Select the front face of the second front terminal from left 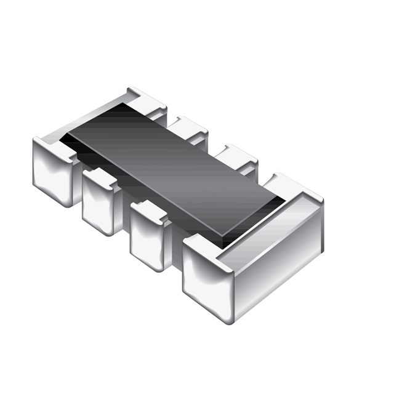pyautogui.click(x=98, y=206)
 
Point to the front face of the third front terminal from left pyautogui.click(x=147, y=237)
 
